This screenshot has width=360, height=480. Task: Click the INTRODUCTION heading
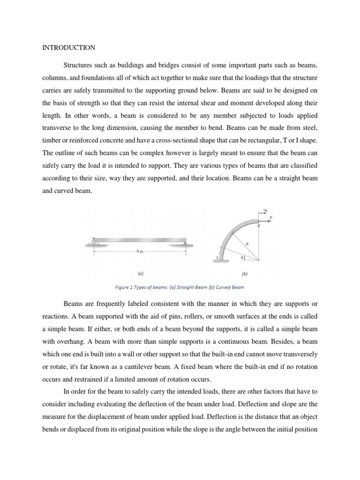tap(69, 48)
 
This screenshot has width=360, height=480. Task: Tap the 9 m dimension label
tap(139, 252)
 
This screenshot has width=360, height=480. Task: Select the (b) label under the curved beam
tap(244, 273)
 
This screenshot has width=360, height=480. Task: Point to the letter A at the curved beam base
tap(217, 257)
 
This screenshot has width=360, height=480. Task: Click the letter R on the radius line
tap(247, 243)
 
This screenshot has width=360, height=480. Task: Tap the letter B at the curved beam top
tap(259, 226)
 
